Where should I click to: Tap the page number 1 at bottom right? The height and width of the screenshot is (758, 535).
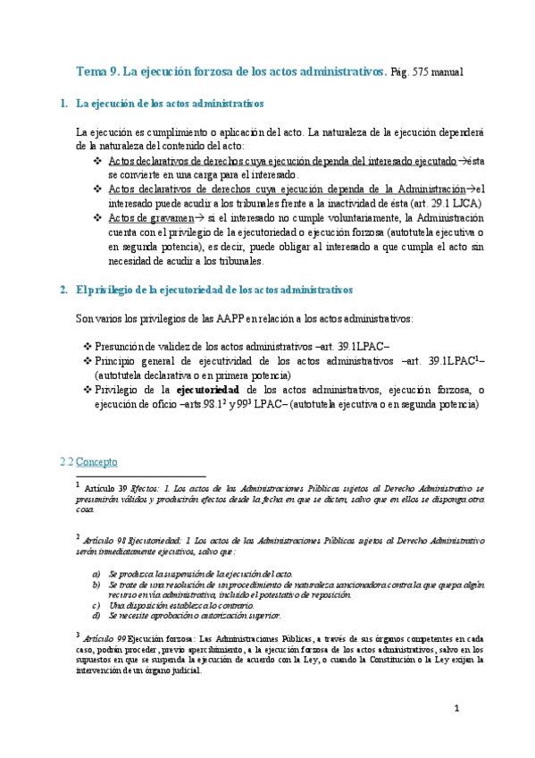456,709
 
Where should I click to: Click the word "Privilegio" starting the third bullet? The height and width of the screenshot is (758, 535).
119,390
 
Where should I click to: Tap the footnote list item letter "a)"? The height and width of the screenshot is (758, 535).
96,573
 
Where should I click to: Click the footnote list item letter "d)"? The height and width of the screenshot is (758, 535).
96,616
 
